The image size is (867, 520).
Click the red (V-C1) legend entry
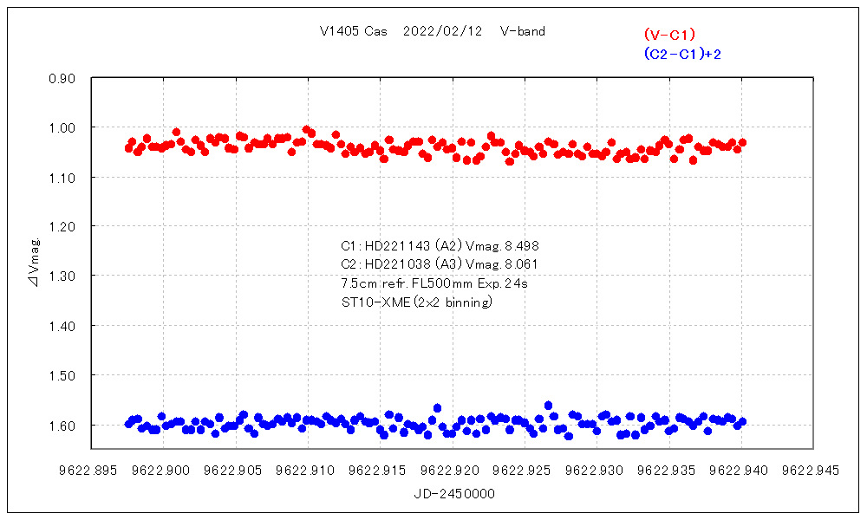pyautogui.click(x=669, y=35)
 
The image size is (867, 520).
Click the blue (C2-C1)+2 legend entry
pyautogui.click(x=682, y=54)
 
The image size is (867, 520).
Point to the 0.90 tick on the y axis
pyautogui.click(x=63, y=78)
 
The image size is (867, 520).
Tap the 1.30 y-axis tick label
pyautogui.click(x=63, y=276)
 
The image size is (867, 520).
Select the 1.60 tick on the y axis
pyautogui.click(x=63, y=426)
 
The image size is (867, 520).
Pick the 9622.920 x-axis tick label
pyautogui.click(x=452, y=471)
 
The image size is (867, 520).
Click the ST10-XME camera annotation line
pyautogui.click(x=417, y=302)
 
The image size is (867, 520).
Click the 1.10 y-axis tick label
pyautogui.click(x=63, y=178)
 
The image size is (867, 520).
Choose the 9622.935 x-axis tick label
pyautogui.click(x=668, y=471)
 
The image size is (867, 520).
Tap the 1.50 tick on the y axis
pyautogui.click(x=63, y=375)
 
